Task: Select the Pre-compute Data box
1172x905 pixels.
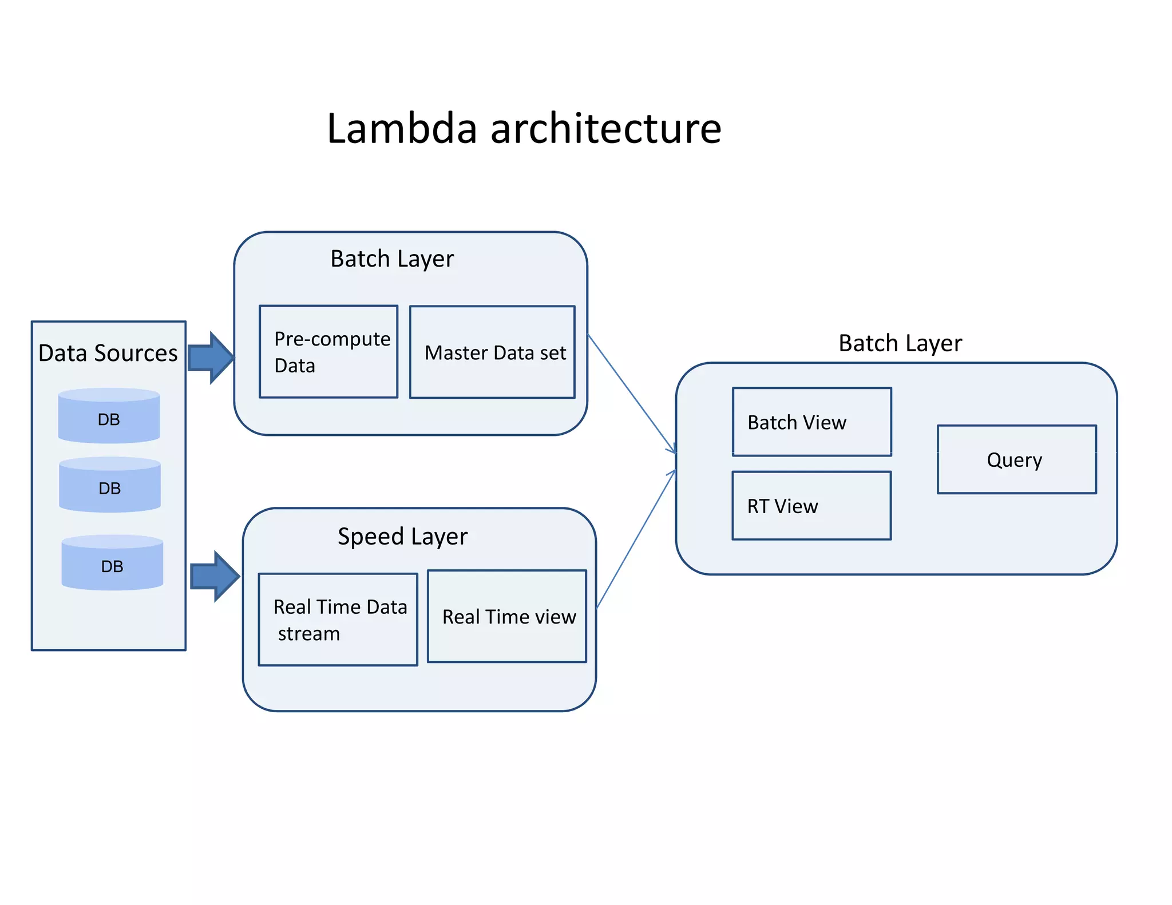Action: (x=328, y=352)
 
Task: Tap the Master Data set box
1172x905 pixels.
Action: (x=492, y=352)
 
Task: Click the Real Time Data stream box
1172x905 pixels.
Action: (x=338, y=620)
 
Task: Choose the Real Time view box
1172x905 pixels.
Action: (x=507, y=617)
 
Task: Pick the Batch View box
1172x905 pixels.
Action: (x=811, y=422)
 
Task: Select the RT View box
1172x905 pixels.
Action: (x=811, y=506)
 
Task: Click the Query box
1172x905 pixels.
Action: (x=1016, y=459)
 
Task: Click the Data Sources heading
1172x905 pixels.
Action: (x=108, y=353)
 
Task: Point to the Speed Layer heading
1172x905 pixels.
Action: (x=402, y=537)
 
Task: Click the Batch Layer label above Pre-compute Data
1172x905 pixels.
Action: (x=392, y=259)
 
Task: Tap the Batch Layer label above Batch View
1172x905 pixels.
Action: (x=900, y=343)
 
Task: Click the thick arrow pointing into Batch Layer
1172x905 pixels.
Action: (x=210, y=358)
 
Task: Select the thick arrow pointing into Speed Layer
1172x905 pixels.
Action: (x=213, y=576)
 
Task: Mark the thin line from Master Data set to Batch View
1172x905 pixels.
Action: (x=632, y=394)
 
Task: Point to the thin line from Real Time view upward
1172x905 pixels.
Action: (x=636, y=539)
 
